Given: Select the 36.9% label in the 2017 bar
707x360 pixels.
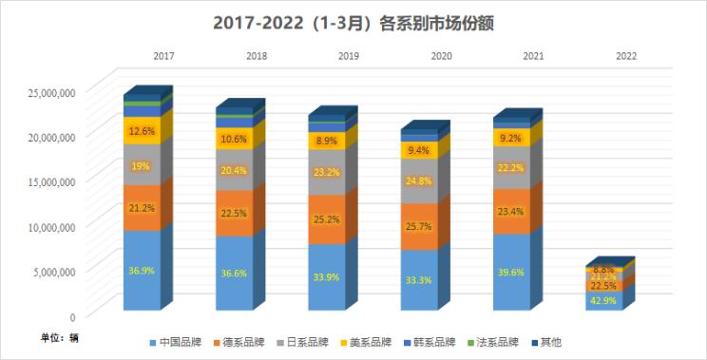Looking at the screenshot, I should pos(142,271).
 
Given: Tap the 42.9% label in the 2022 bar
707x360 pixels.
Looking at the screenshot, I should pos(602,300).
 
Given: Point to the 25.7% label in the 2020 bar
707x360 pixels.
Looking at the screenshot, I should pos(418,228).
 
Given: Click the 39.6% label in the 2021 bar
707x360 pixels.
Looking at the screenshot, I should pos(510,272).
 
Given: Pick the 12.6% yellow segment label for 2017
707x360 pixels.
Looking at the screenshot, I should pos(142,131).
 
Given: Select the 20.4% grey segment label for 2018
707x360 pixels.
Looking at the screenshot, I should pos(234,171).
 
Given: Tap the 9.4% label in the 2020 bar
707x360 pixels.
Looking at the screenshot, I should pos(418,150).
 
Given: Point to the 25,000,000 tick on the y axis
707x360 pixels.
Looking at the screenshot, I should pos(48,92).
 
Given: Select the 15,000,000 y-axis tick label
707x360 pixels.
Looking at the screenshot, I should pos(48,181).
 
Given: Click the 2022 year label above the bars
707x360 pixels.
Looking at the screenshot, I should pos(625,57).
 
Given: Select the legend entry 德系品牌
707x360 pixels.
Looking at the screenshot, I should pos(244,342).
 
